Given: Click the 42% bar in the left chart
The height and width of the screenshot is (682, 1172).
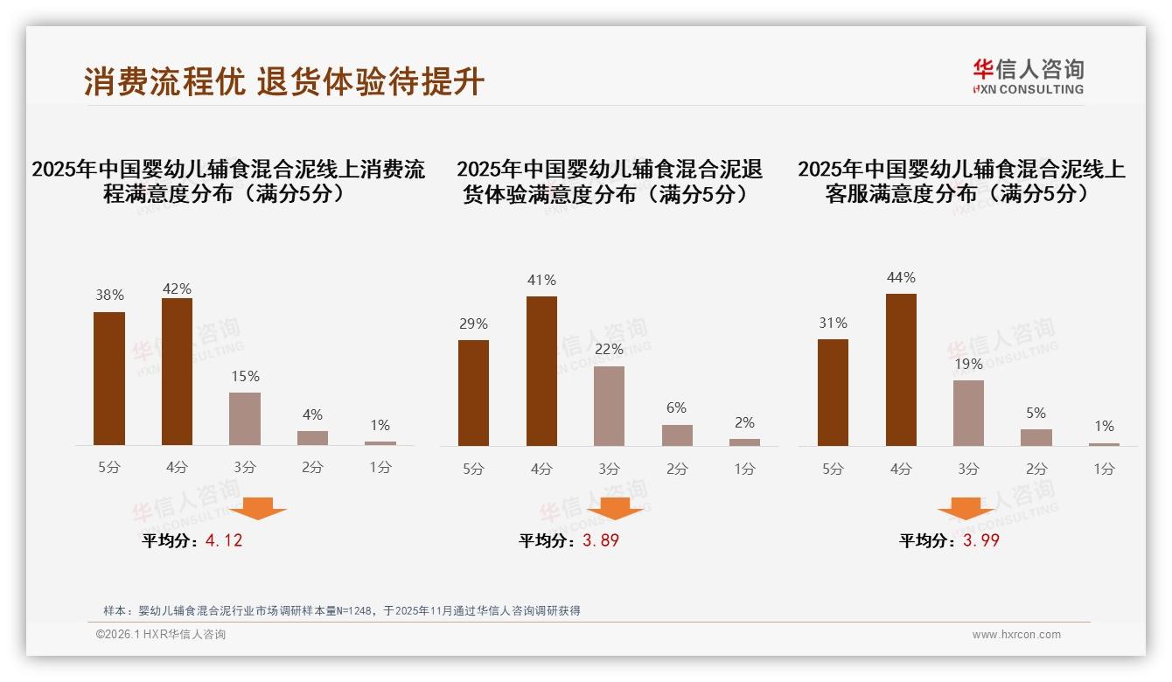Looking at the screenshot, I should tap(177, 372).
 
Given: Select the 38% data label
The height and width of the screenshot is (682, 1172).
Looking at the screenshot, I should tap(109, 296).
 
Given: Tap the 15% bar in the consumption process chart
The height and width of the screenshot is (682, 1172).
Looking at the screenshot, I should tap(245, 419).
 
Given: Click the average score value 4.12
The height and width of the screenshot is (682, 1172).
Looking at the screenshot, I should tap(224, 540).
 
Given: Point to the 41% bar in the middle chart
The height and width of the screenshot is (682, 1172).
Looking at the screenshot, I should tap(541, 371).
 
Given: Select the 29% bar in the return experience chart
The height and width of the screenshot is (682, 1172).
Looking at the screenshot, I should tap(473, 393).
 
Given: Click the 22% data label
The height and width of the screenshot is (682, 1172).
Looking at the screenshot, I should tap(609, 349).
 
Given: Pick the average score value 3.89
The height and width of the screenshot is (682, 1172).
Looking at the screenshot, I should tap(601, 540).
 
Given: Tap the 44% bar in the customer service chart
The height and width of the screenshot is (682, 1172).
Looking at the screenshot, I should tap(901, 370).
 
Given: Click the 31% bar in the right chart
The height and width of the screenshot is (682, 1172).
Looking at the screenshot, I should tap(833, 393).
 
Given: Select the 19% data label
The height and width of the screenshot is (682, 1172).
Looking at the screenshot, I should tap(968, 364).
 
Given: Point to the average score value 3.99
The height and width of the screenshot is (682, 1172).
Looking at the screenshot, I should tap(981, 540).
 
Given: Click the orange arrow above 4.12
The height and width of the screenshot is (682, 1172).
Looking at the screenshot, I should tap(258, 508).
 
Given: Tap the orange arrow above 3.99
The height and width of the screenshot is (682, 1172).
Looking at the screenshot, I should tap(966, 508).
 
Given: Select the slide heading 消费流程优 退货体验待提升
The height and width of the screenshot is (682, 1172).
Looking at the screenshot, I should tap(284, 81).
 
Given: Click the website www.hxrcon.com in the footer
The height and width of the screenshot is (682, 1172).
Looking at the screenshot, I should tap(1016, 635).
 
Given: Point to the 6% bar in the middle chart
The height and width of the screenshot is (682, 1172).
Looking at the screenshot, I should tap(677, 435).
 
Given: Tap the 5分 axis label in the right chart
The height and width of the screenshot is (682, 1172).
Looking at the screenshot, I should tap(833, 469).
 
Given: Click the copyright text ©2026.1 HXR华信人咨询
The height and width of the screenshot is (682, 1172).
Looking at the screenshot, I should tap(161, 635).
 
